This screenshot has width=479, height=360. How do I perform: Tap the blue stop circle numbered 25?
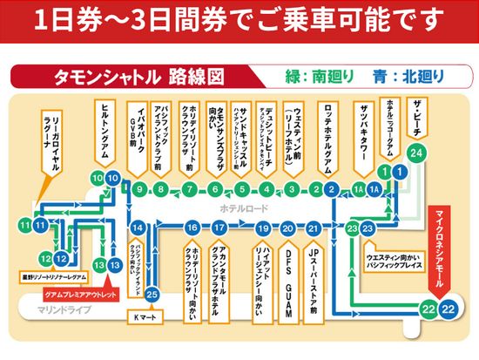[x=152, y=294]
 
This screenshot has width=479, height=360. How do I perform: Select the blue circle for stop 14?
[x=135, y=228]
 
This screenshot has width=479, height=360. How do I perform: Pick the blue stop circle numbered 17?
[x=220, y=228]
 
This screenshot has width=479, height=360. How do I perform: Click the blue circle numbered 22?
[x=449, y=310]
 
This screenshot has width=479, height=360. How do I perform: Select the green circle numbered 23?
[x=351, y=228]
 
